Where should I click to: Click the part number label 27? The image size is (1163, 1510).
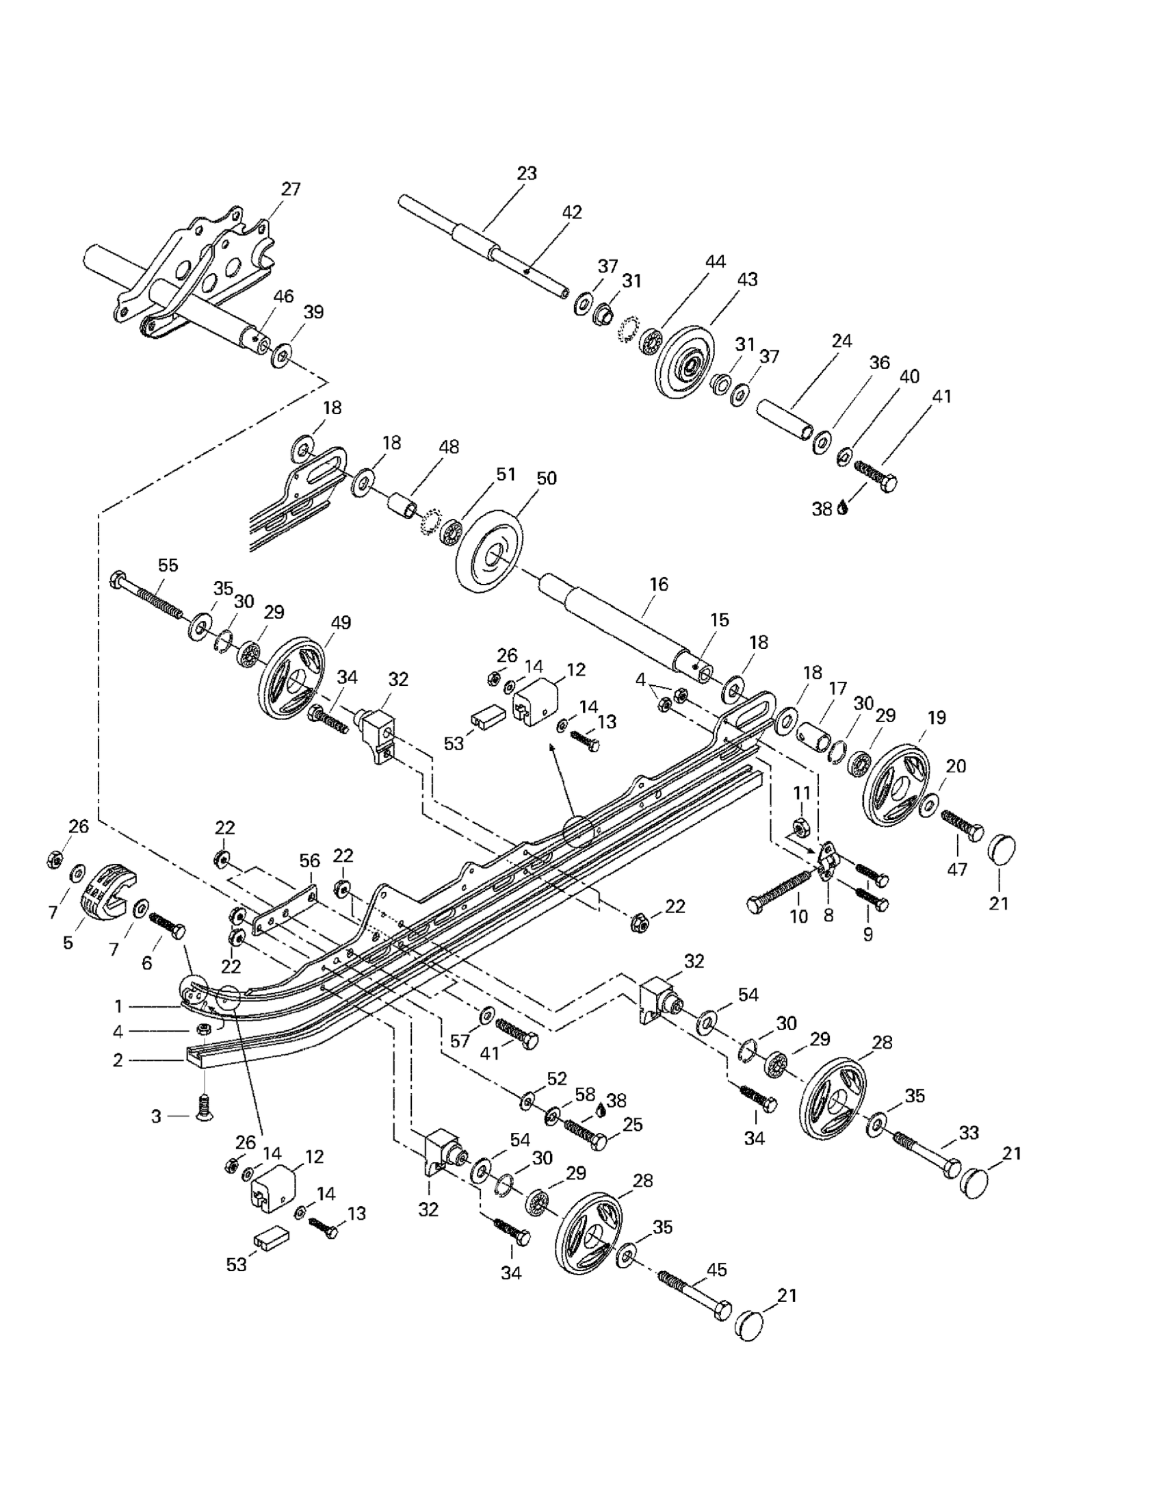[291, 189]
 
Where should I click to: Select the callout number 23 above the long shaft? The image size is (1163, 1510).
[527, 173]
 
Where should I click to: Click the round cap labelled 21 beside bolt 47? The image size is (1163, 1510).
[1001, 847]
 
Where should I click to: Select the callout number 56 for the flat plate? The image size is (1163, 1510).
[310, 861]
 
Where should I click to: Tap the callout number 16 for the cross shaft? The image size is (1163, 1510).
[659, 585]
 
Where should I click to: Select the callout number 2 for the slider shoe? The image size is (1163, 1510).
[118, 1059]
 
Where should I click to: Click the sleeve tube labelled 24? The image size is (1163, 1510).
[785, 418]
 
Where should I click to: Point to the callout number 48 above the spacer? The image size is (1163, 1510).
[448, 447]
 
